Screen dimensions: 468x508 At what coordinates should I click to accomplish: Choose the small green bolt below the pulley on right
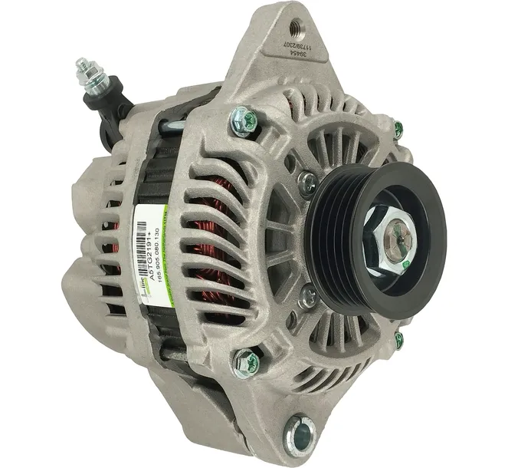tap(398, 338)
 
